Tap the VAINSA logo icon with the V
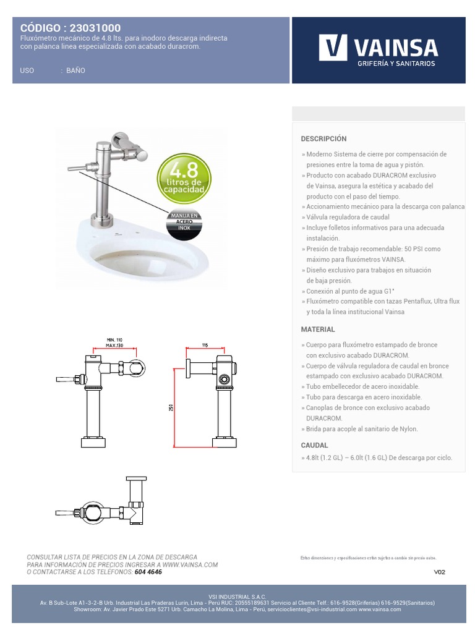click(333, 48)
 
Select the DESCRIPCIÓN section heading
click(323, 138)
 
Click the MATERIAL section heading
click(318, 329)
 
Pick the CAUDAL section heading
click(314, 445)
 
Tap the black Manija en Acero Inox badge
click(184, 221)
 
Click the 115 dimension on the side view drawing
click(203, 345)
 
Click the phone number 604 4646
click(148, 572)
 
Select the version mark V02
click(439, 572)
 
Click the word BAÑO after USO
click(75, 70)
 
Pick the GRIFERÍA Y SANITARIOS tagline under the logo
click(396, 64)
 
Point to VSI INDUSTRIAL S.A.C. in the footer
click(237, 597)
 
